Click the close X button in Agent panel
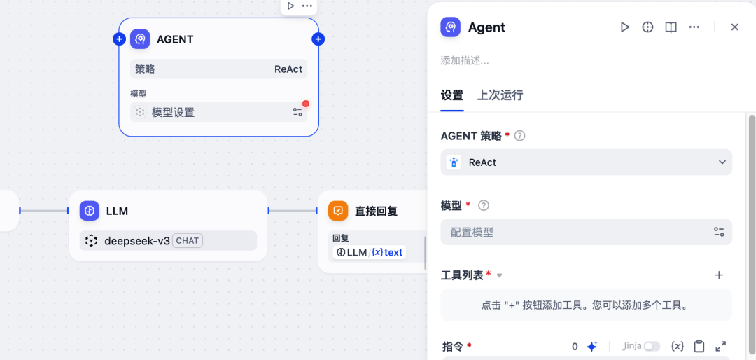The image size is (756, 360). click(734, 27)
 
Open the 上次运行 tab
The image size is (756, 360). click(500, 95)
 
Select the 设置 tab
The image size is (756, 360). click(451, 95)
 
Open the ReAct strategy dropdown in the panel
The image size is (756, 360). click(586, 162)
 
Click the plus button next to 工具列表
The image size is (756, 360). click(719, 275)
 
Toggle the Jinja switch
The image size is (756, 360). click(652, 346)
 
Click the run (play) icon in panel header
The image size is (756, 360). click(625, 27)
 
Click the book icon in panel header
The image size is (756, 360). click(671, 27)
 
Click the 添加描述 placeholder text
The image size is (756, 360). click(465, 61)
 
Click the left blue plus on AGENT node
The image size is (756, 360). click(120, 39)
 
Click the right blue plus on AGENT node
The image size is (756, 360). click(318, 39)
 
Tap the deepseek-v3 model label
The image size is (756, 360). click(136, 241)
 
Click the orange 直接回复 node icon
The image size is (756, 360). click(338, 210)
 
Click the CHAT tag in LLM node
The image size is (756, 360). click(187, 241)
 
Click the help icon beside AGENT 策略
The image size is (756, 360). click(519, 136)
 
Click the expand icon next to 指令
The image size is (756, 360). click(721, 346)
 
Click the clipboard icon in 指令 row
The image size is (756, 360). click(699, 346)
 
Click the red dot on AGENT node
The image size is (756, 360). click(306, 104)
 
